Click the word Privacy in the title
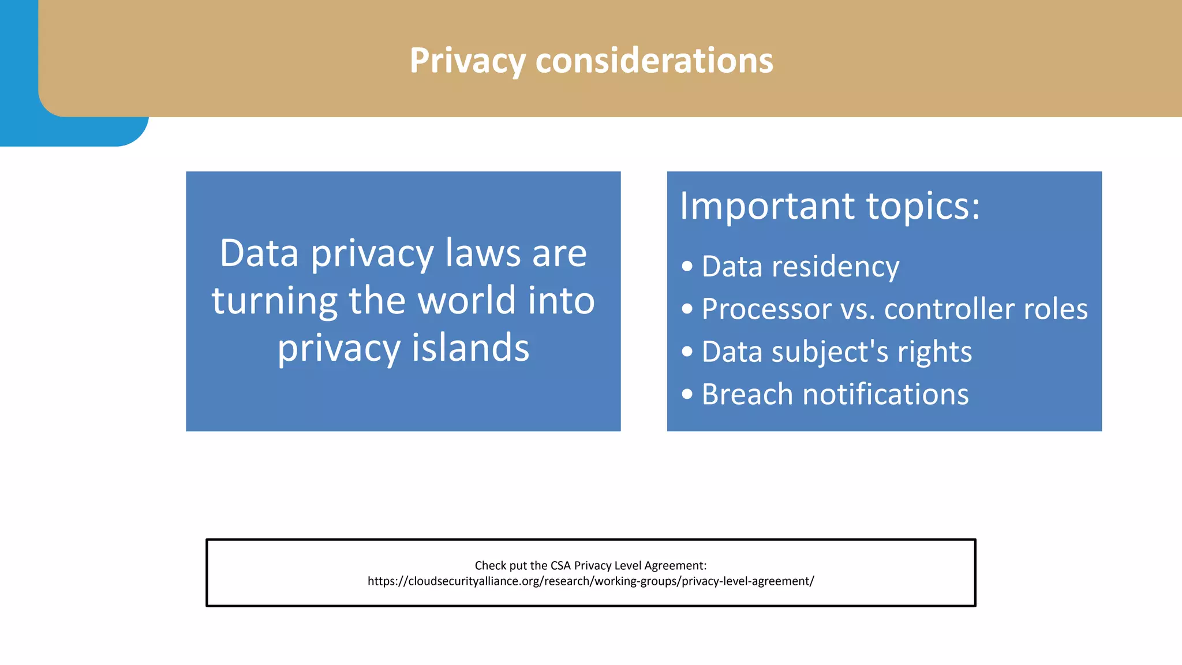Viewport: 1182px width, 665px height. [467, 61]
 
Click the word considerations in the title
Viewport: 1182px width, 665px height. [654, 61]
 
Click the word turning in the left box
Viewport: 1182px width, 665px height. [274, 302]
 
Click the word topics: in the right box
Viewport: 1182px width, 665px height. [923, 207]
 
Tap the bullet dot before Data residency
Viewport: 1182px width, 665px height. [687, 267]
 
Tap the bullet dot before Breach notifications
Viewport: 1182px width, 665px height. [687, 394]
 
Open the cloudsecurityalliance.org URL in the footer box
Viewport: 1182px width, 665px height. [590, 581]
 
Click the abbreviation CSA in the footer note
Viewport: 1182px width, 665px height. [560, 566]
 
